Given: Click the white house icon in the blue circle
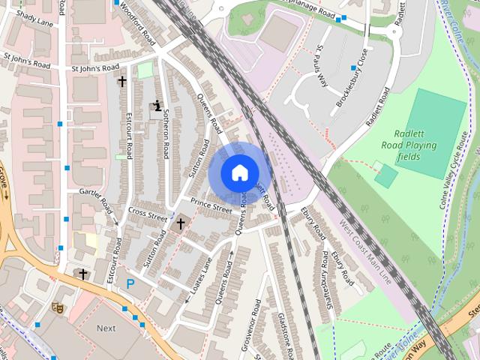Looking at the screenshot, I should (x=239, y=172).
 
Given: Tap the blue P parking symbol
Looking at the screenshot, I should (x=130, y=284).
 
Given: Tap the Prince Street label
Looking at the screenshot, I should (x=211, y=204).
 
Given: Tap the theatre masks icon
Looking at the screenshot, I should (x=56, y=307).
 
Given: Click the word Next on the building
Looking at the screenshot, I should (x=106, y=328).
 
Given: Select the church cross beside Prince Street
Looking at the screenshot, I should (x=180, y=223).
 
